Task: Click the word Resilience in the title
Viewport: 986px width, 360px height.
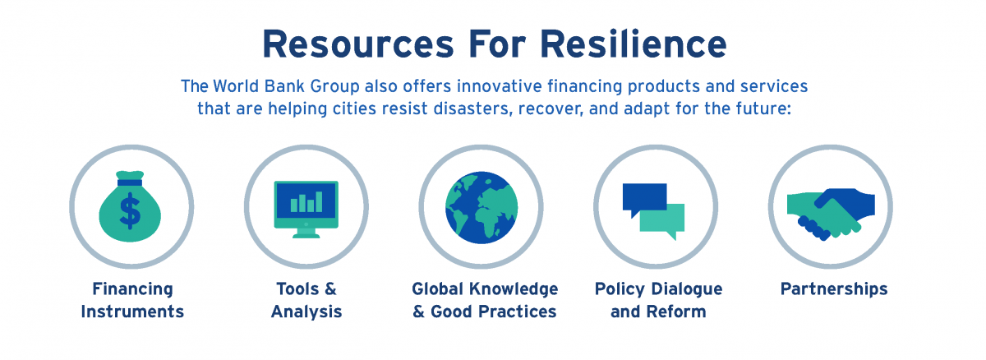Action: [633, 44]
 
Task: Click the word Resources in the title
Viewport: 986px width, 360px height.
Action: [358, 44]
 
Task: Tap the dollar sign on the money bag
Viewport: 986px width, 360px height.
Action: [131, 210]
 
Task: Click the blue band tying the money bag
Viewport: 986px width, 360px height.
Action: [130, 182]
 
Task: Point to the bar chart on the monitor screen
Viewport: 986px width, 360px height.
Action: [306, 202]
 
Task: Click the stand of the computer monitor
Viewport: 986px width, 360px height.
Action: [306, 233]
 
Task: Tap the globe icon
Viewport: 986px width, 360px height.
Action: [481, 208]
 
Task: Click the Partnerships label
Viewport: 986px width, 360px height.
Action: [834, 289]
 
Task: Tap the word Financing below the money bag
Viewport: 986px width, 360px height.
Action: [132, 289]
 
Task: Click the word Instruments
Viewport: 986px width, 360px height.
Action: [132, 312]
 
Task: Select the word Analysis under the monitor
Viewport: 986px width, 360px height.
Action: [306, 312]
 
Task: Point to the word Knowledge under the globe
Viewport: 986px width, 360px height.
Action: [514, 289]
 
